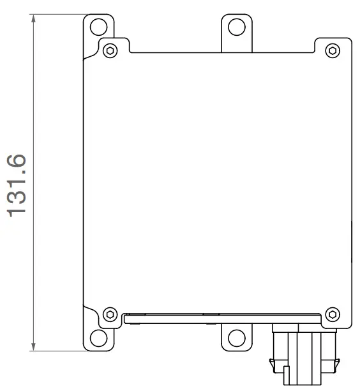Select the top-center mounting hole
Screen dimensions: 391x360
[x=236, y=27]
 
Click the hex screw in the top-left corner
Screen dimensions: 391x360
[x=110, y=50]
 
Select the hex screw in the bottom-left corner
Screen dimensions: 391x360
[x=110, y=314]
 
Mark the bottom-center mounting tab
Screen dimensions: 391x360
[x=236, y=333]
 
